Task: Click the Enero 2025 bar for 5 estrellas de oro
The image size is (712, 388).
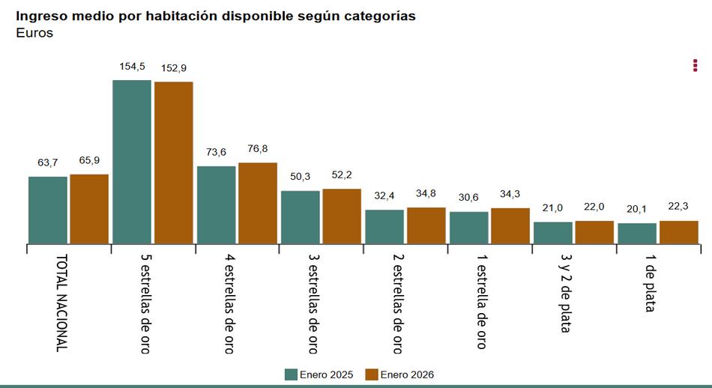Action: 131,161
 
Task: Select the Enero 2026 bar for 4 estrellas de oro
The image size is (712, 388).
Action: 257,203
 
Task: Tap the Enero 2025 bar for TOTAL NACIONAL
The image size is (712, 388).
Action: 47,210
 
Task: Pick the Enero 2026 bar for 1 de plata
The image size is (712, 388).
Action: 678,232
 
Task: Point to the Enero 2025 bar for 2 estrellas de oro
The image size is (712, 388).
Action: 384,226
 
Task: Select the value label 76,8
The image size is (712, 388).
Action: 257,149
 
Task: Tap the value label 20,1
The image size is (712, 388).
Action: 636,209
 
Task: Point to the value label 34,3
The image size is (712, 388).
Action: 510,194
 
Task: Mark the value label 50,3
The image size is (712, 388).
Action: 300,177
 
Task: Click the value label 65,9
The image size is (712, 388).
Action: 89,160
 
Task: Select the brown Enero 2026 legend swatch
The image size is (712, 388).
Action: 372,375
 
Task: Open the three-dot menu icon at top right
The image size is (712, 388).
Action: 695,66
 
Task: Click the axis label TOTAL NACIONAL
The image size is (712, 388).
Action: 61,303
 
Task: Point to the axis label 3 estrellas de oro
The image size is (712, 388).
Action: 313,303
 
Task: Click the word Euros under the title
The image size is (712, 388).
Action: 34,33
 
